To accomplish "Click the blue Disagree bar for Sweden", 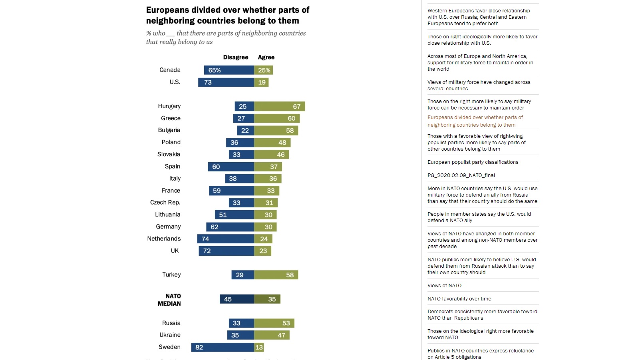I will coord(223,347).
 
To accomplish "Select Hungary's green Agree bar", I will coord(279,106).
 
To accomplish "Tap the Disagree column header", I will coord(235,57).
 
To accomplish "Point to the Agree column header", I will coord(266,57).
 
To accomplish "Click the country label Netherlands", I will coord(164,239).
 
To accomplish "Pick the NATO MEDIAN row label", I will coord(169,300).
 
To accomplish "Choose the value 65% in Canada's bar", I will coord(215,70).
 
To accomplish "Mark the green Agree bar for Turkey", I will coord(276,275).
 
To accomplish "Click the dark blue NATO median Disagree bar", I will coord(237,299).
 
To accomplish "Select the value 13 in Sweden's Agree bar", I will coord(259,347).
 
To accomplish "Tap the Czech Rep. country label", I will coord(165,203).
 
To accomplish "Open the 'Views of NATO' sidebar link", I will coord(444,286).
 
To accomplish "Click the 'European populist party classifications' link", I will coord(473,162).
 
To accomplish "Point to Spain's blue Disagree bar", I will coord(231,167).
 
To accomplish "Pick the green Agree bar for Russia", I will coord(274,323).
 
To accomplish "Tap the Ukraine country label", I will coord(170,335).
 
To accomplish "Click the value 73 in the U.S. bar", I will coord(208,82).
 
